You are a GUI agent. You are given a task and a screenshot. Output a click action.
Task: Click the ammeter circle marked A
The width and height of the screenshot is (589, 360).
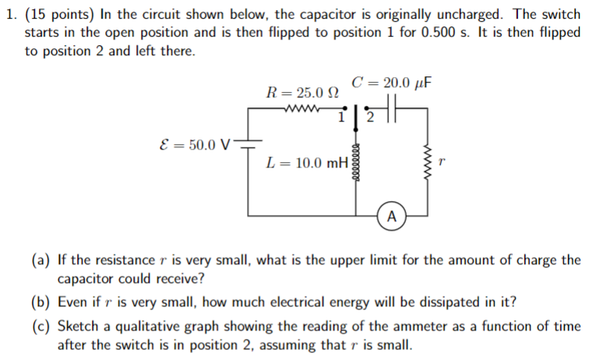[x=391, y=214]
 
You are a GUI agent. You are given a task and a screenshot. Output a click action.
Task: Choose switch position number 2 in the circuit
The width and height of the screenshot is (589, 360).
[x=370, y=118]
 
